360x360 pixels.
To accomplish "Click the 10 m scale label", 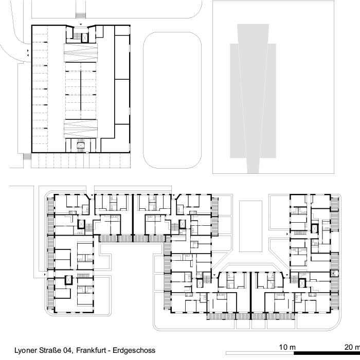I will [x=286, y=345].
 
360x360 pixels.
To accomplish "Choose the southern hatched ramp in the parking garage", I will [x=81, y=128].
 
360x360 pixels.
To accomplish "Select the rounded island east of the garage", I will [x=172, y=100].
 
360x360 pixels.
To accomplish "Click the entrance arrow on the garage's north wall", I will [x=81, y=24].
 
